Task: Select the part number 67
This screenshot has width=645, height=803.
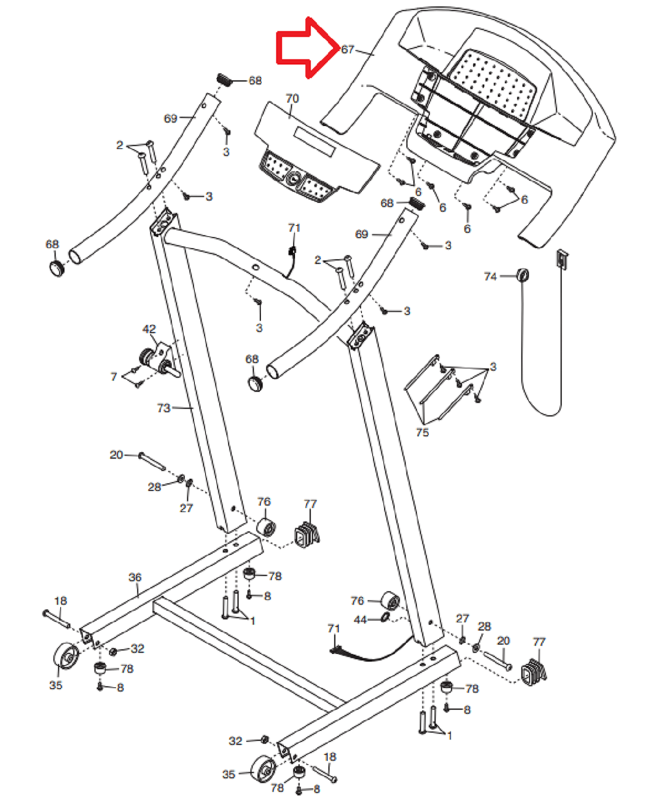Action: [x=347, y=49]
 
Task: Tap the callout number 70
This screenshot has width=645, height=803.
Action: [x=292, y=99]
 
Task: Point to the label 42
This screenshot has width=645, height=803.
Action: [x=149, y=328]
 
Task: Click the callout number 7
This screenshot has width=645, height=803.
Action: [x=114, y=377]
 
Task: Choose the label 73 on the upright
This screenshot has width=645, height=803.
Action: [x=164, y=408]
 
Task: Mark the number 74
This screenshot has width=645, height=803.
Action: [x=490, y=276]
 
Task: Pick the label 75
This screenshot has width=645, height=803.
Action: [x=422, y=432]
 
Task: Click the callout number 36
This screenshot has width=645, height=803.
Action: [x=135, y=577]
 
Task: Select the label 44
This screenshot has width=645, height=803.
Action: [x=360, y=620]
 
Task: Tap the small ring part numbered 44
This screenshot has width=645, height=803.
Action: [x=385, y=617]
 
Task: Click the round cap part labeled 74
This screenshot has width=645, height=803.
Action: [x=522, y=275]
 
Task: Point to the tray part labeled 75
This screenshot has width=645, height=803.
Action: [x=439, y=389]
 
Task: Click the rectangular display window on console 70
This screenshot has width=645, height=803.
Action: [x=314, y=142]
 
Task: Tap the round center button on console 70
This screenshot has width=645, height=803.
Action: [x=292, y=179]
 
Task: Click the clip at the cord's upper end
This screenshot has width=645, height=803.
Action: [x=562, y=258]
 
